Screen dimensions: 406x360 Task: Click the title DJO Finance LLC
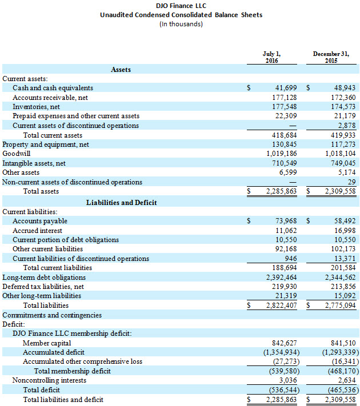coord(181,6)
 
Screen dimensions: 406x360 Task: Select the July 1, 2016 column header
coord(271,57)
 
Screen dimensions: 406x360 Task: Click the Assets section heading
coord(121,70)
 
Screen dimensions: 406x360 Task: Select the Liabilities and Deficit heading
coord(121,202)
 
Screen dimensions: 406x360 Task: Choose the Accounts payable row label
coord(39,221)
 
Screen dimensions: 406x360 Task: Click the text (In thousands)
coord(181,23)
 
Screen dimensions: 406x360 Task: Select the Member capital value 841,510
coord(342,343)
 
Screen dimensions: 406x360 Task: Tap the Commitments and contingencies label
coord(52,315)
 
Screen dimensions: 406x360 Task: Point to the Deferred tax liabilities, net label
coord(43,286)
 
